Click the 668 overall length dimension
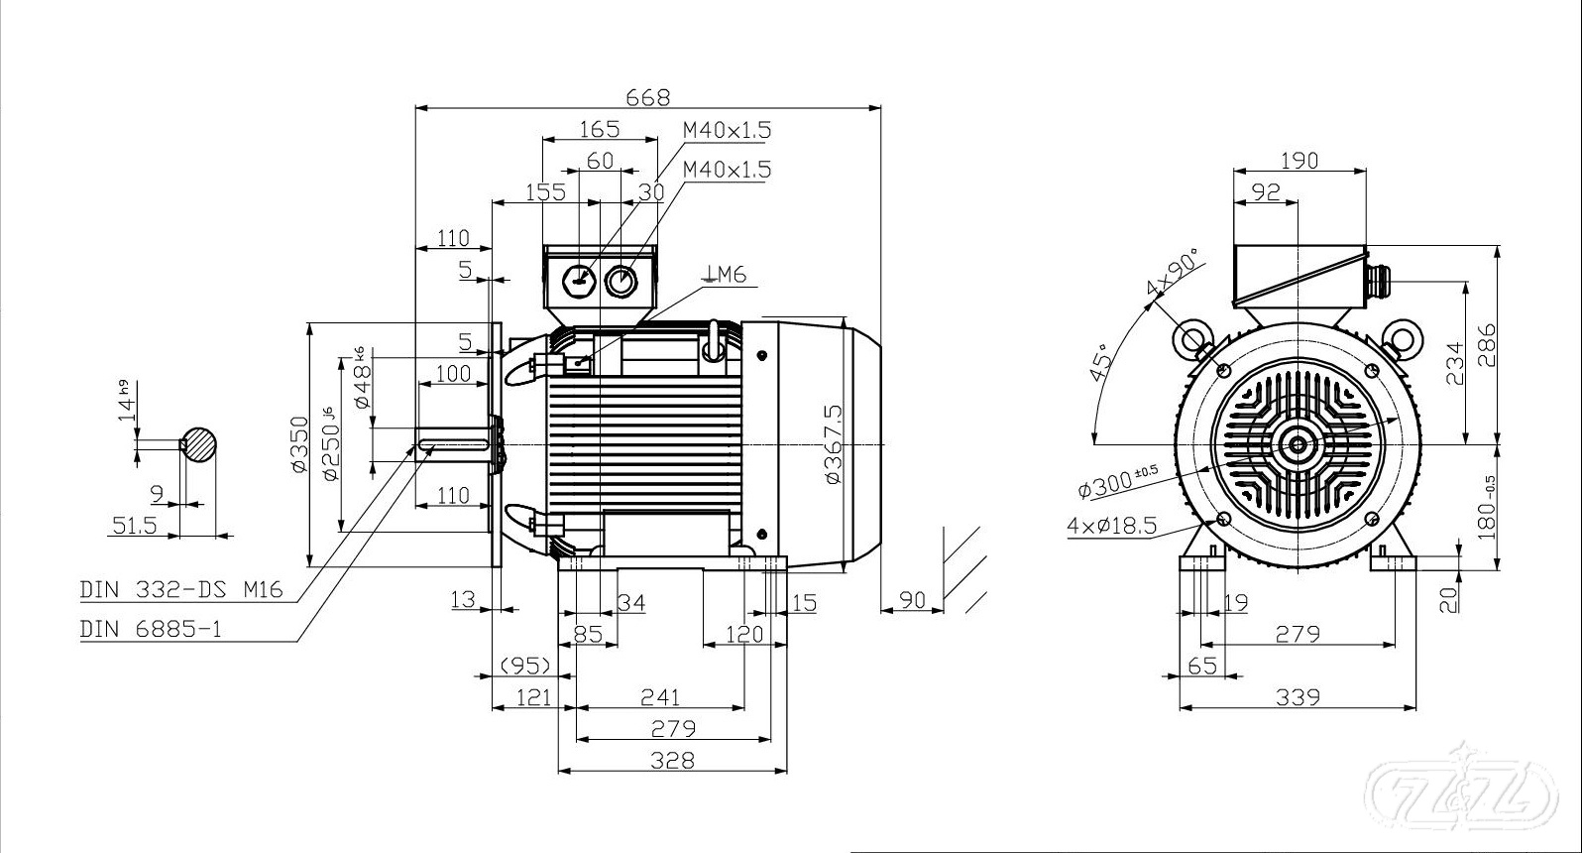pyautogui.click(x=648, y=96)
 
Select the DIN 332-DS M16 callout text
pyautogui.click(x=181, y=590)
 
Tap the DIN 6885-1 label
pyautogui.click(x=151, y=629)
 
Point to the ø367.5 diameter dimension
pyautogui.click(x=833, y=443)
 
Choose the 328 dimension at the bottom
pyautogui.click(x=673, y=760)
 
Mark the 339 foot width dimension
pyautogui.click(x=1298, y=697)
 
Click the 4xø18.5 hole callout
pyautogui.click(x=1112, y=525)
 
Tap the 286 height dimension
pyautogui.click(x=1484, y=344)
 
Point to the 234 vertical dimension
pyautogui.click(x=1453, y=364)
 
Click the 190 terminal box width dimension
pyautogui.click(x=1299, y=160)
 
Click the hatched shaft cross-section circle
pyautogui.click(x=200, y=444)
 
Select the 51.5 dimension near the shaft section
pyautogui.click(x=135, y=524)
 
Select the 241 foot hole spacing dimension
pyautogui.click(x=659, y=697)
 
